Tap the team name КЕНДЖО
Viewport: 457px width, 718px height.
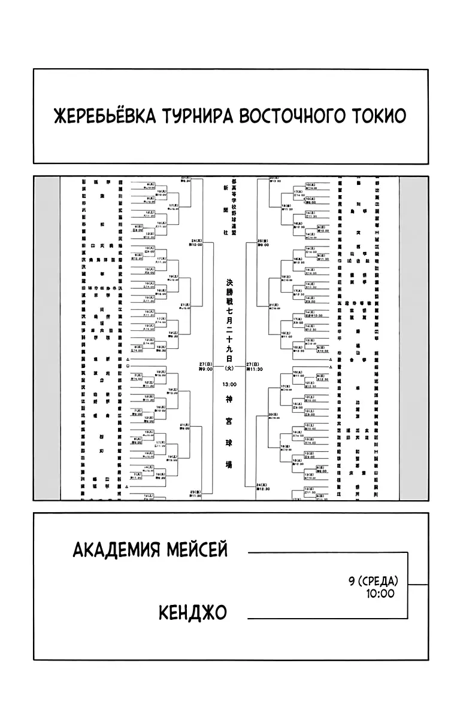[193, 613]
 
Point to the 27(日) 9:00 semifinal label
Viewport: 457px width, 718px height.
[205, 366]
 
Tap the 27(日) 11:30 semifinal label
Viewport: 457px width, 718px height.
[253, 366]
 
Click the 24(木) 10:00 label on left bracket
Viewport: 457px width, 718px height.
[196, 242]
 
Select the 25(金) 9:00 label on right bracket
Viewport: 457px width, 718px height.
[262, 243]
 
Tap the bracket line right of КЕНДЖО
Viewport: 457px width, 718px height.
[326, 617]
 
